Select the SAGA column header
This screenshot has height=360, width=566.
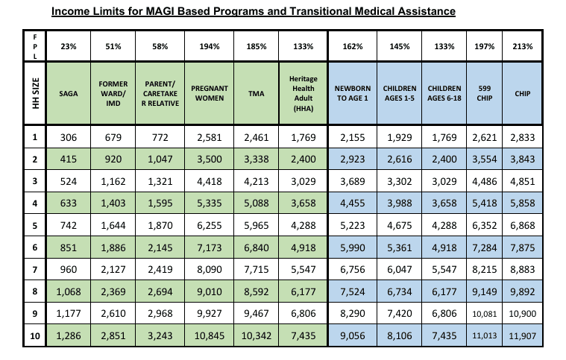69,93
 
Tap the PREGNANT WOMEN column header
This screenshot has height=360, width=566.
210,93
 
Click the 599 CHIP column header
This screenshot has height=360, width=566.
485,93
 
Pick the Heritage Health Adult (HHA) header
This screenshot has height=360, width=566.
304,93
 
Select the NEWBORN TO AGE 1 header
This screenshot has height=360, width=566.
352,93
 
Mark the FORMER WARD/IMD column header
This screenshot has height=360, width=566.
113,93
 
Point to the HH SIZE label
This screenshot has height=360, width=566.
35,93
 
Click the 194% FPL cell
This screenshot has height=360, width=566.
210,46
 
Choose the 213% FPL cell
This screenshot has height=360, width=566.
522,46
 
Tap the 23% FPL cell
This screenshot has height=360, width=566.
69,46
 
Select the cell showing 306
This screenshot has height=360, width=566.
69,137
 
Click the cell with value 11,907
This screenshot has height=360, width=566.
522,336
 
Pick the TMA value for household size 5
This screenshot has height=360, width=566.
257,225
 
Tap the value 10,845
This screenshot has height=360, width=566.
210,336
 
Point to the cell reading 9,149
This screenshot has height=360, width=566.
485,291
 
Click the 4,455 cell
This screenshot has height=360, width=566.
352,203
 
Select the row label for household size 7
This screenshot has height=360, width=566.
34,270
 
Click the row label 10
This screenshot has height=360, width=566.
34,336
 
